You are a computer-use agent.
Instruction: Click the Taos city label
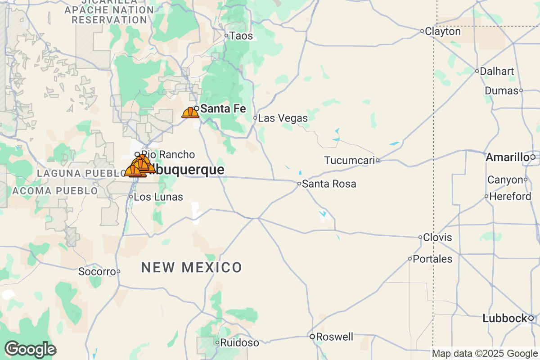[241, 36]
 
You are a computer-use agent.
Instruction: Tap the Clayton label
[443, 31]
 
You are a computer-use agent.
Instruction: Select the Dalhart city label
[497, 71]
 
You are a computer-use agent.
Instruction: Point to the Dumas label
[501, 91]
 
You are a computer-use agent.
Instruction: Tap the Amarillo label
[507, 157]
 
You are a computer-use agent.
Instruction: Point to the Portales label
[432, 259]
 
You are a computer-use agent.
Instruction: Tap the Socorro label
[97, 271]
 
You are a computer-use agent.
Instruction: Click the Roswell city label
[334, 337]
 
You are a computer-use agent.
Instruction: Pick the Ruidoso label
[240, 343]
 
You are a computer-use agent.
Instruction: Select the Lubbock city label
[504, 319]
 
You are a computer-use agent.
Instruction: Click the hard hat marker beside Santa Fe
[190, 112]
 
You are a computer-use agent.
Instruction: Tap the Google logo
[30, 349]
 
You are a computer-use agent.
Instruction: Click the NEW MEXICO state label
[192, 267]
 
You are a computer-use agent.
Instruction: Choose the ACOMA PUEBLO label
[55, 191]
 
